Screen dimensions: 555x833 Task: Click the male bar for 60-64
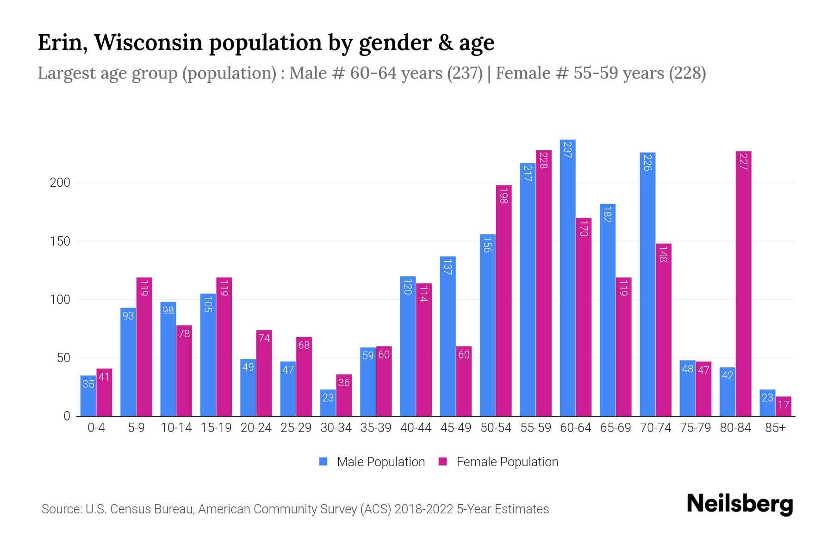(567, 277)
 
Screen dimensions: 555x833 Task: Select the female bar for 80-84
(743, 284)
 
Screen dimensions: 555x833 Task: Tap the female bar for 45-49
(464, 381)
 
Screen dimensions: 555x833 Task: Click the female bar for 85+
(783, 406)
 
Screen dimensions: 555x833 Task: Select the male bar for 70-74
(647, 284)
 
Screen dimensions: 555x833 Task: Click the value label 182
(608, 214)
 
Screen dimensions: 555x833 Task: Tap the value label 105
(208, 304)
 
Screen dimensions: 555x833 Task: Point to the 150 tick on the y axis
(60, 241)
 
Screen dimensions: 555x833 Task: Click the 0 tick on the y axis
(67, 416)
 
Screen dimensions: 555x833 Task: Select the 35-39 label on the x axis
(376, 428)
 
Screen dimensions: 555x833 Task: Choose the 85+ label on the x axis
(775, 428)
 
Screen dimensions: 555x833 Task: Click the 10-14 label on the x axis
(176, 428)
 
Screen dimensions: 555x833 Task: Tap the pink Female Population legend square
(443, 462)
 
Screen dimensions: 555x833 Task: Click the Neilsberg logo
(740, 504)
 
